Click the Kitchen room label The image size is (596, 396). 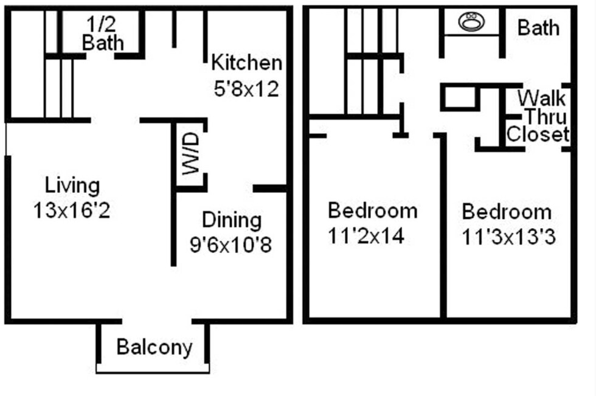[246, 62]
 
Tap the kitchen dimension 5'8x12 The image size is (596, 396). [246, 89]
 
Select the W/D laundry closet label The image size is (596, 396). [191, 155]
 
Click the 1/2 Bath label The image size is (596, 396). [102, 34]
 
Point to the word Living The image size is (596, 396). [72, 184]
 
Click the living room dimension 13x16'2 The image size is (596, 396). [72, 210]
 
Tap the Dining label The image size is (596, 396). [232, 220]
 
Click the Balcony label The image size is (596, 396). [154, 347]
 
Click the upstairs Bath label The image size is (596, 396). [538, 27]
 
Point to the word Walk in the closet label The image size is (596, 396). [541, 98]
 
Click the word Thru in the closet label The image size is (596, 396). [546, 116]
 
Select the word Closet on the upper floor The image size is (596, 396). [537, 134]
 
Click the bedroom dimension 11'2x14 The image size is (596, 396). [366, 236]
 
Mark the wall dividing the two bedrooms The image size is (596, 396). [444, 231]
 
